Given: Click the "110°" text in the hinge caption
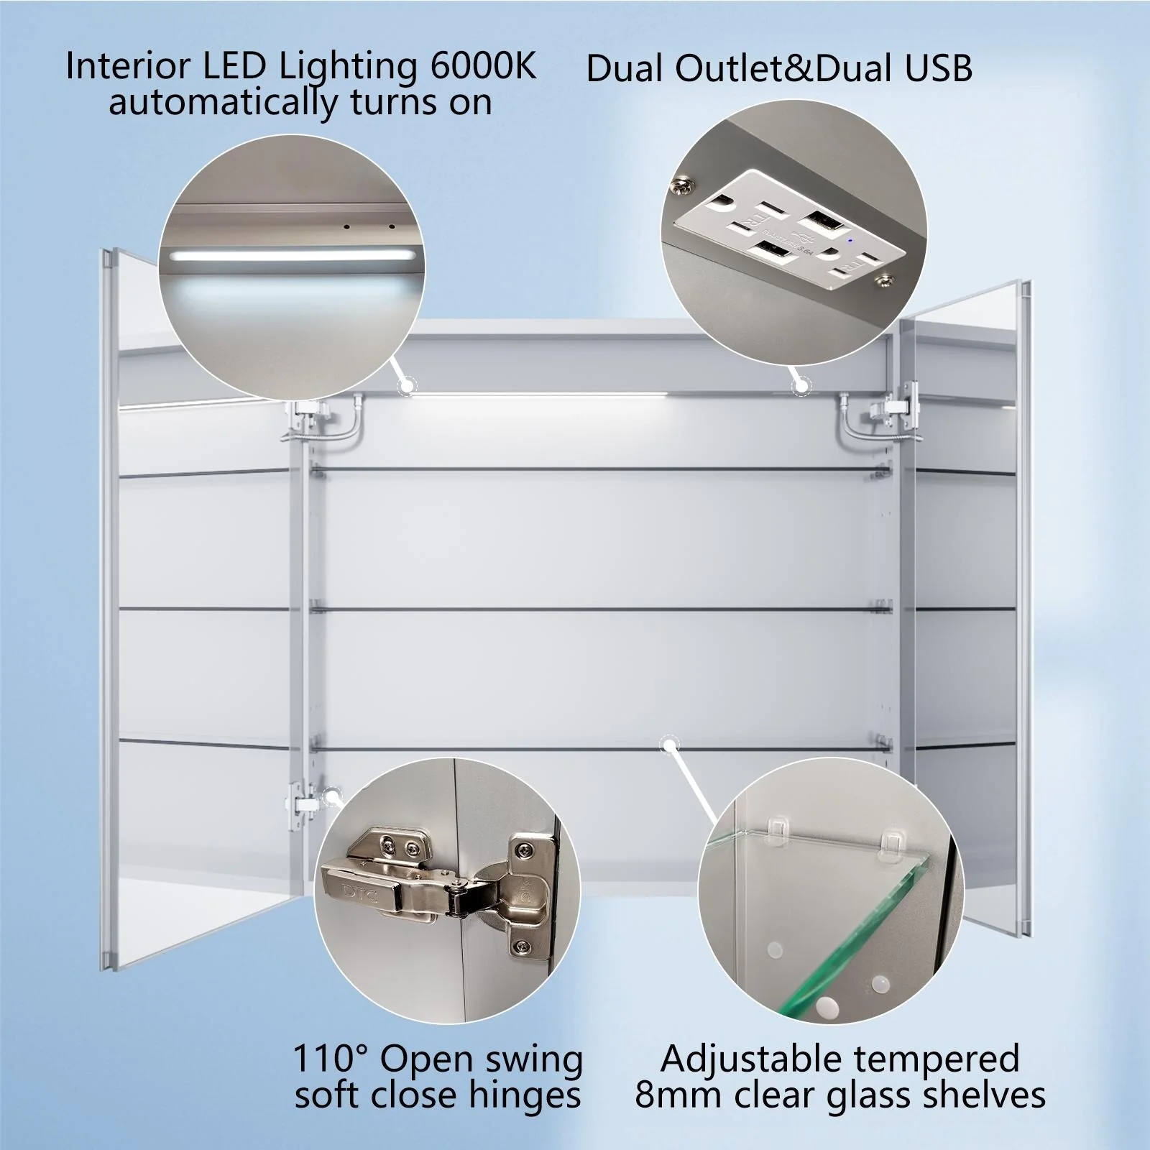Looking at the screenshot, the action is (330, 1059).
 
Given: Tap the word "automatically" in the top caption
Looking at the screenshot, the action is (223, 103).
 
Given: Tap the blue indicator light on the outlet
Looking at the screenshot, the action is (850, 241).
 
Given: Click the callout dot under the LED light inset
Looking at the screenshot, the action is (407, 387).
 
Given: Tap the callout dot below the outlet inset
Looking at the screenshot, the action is (800, 386).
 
